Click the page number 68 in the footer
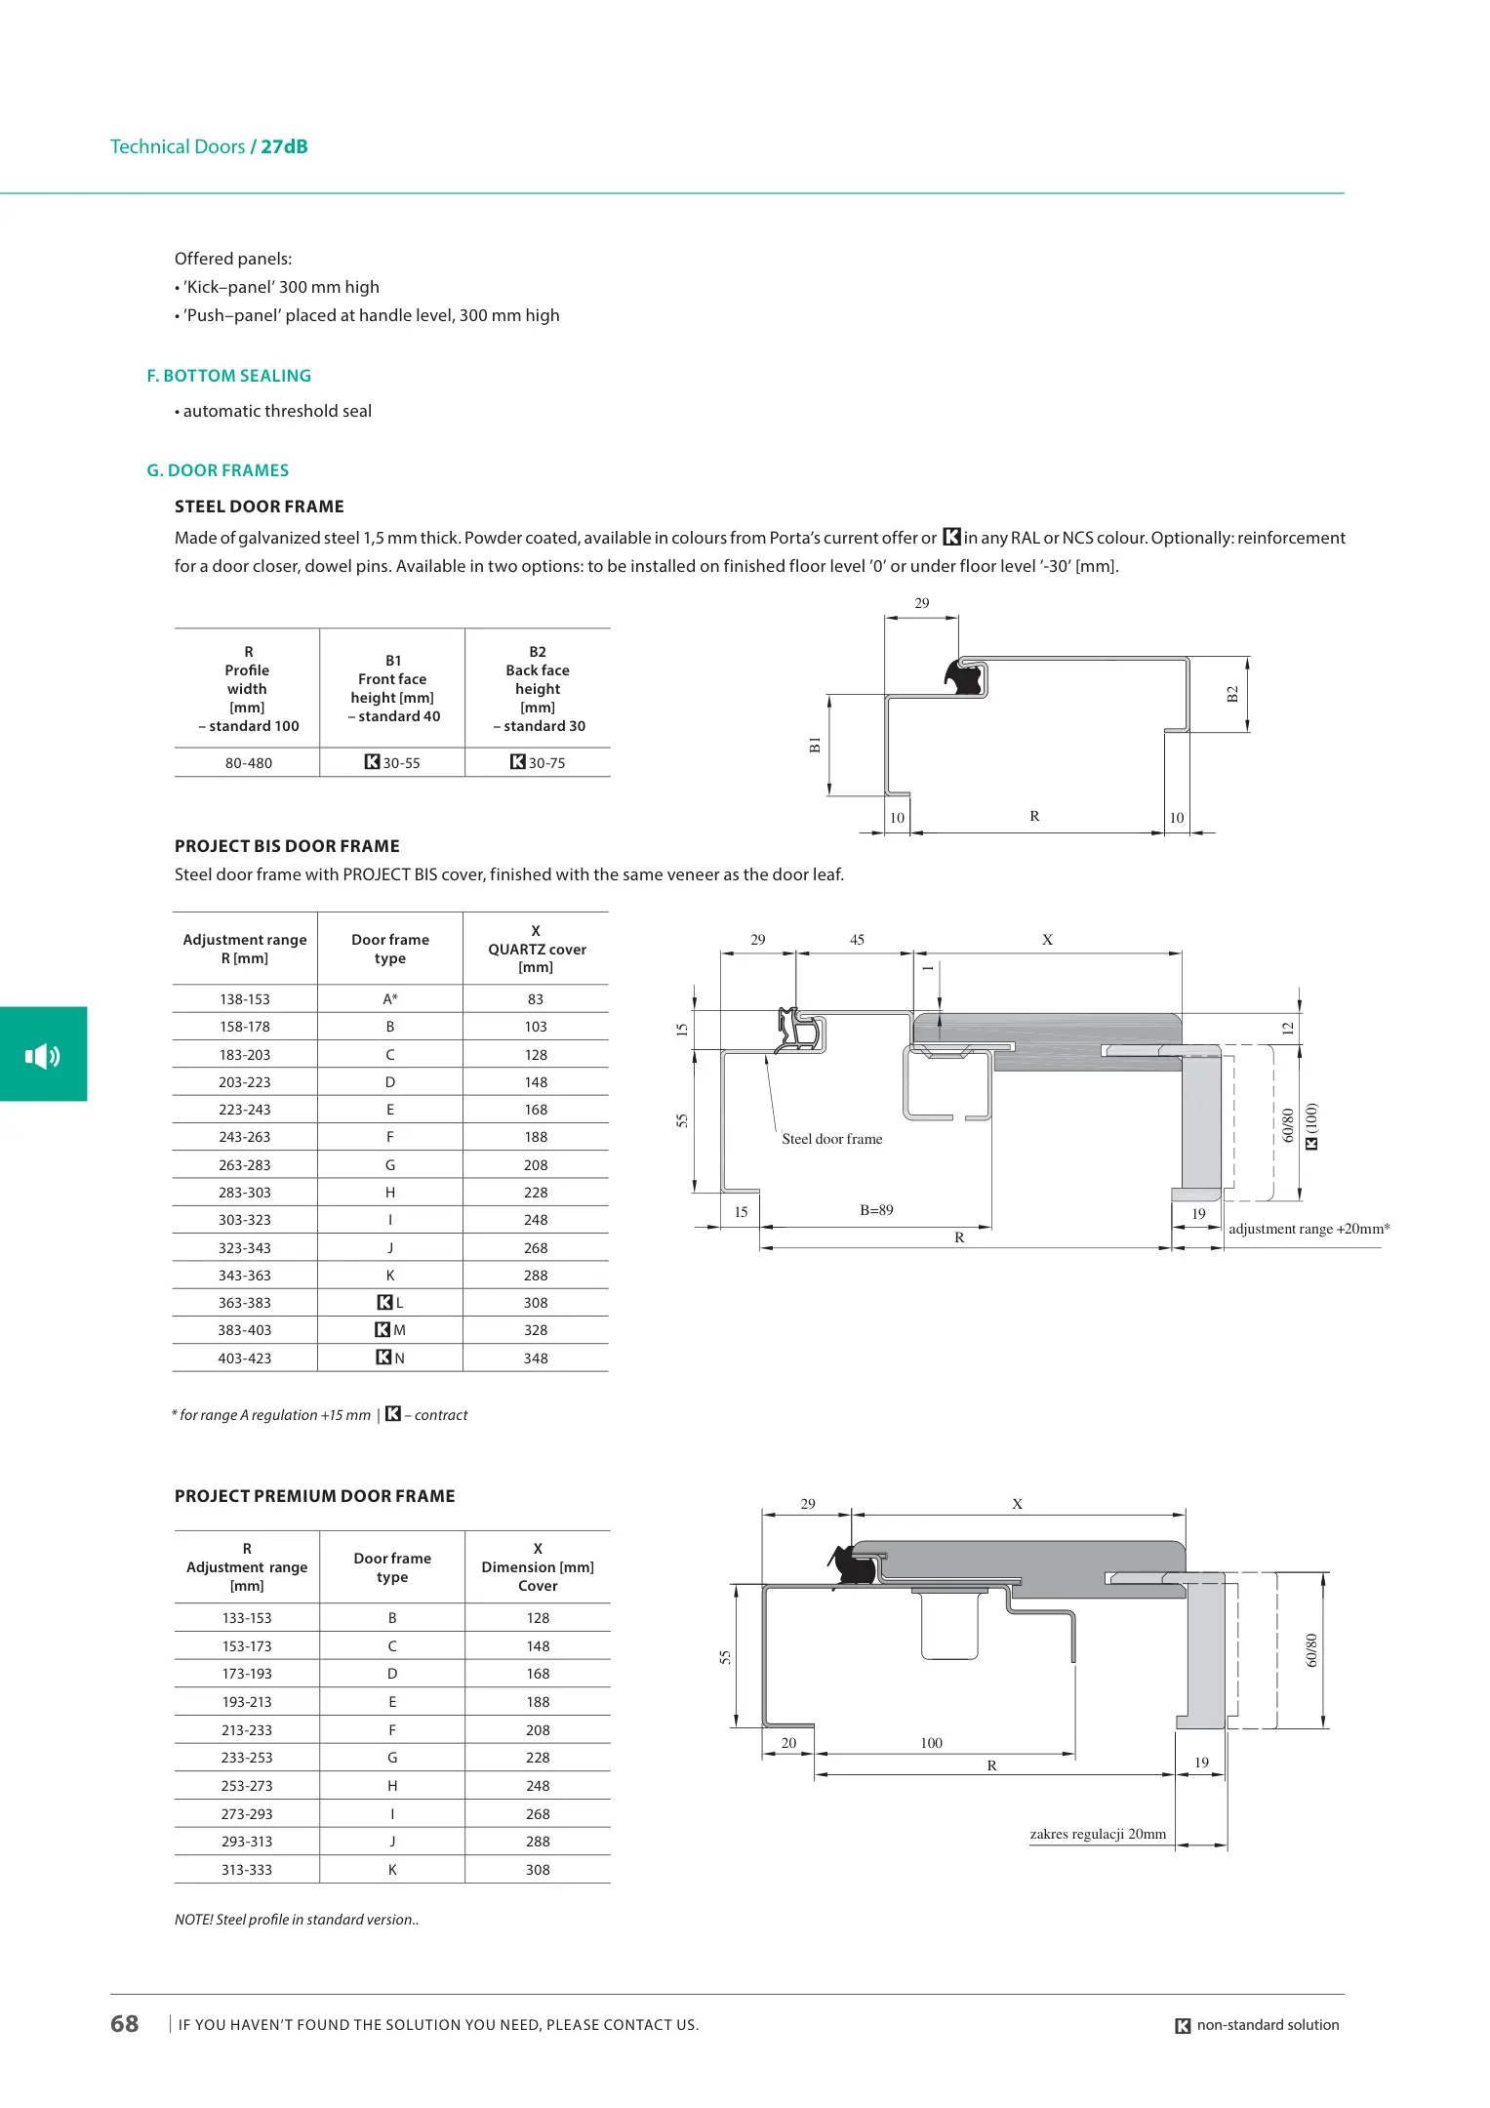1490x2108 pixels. click(x=125, y=2024)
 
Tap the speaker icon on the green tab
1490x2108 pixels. click(x=43, y=1055)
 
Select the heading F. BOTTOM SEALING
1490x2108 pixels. click(x=229, y=376)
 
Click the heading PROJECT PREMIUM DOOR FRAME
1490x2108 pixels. click(x=314, y=1496)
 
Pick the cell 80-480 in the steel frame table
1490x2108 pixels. click(x=248, y=763)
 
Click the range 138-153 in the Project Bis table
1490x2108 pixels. click(x=244, y=999)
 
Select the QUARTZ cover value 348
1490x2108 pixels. click(x=536, y=1358)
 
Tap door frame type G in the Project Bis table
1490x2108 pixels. click(x=390, y=1165)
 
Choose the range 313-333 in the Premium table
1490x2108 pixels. click(x=247, y=1870)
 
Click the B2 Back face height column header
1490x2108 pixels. click(x=538, y=689)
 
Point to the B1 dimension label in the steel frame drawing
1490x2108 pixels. click(x=816, y=746)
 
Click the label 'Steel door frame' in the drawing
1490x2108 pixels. click(x=832, y=1139)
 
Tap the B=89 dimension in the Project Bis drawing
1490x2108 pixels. click(x=876, y=1210)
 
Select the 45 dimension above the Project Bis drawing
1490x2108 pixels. click(x=857, y=940)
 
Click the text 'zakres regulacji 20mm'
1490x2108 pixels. click(x=1098, y=1834)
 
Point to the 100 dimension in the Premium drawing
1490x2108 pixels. click(x=931, y=1743)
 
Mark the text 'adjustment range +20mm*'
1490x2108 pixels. click(x=1309, y=1229)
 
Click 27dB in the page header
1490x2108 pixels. click(x=284, y=146)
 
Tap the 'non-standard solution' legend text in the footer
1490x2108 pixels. click(x=1268, y=2025)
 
